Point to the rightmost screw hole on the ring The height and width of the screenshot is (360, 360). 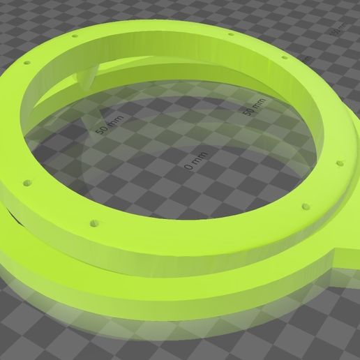[342, 163]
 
